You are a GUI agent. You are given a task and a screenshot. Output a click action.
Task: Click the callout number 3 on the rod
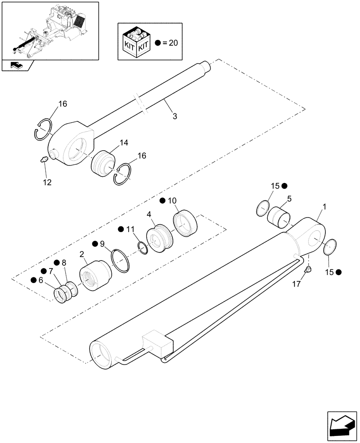point(175,116)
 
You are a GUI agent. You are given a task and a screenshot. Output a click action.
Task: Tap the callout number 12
point(47,182)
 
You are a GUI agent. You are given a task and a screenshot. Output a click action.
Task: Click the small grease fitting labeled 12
point(44,159)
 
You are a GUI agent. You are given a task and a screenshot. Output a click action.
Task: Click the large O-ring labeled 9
point(121,261)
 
